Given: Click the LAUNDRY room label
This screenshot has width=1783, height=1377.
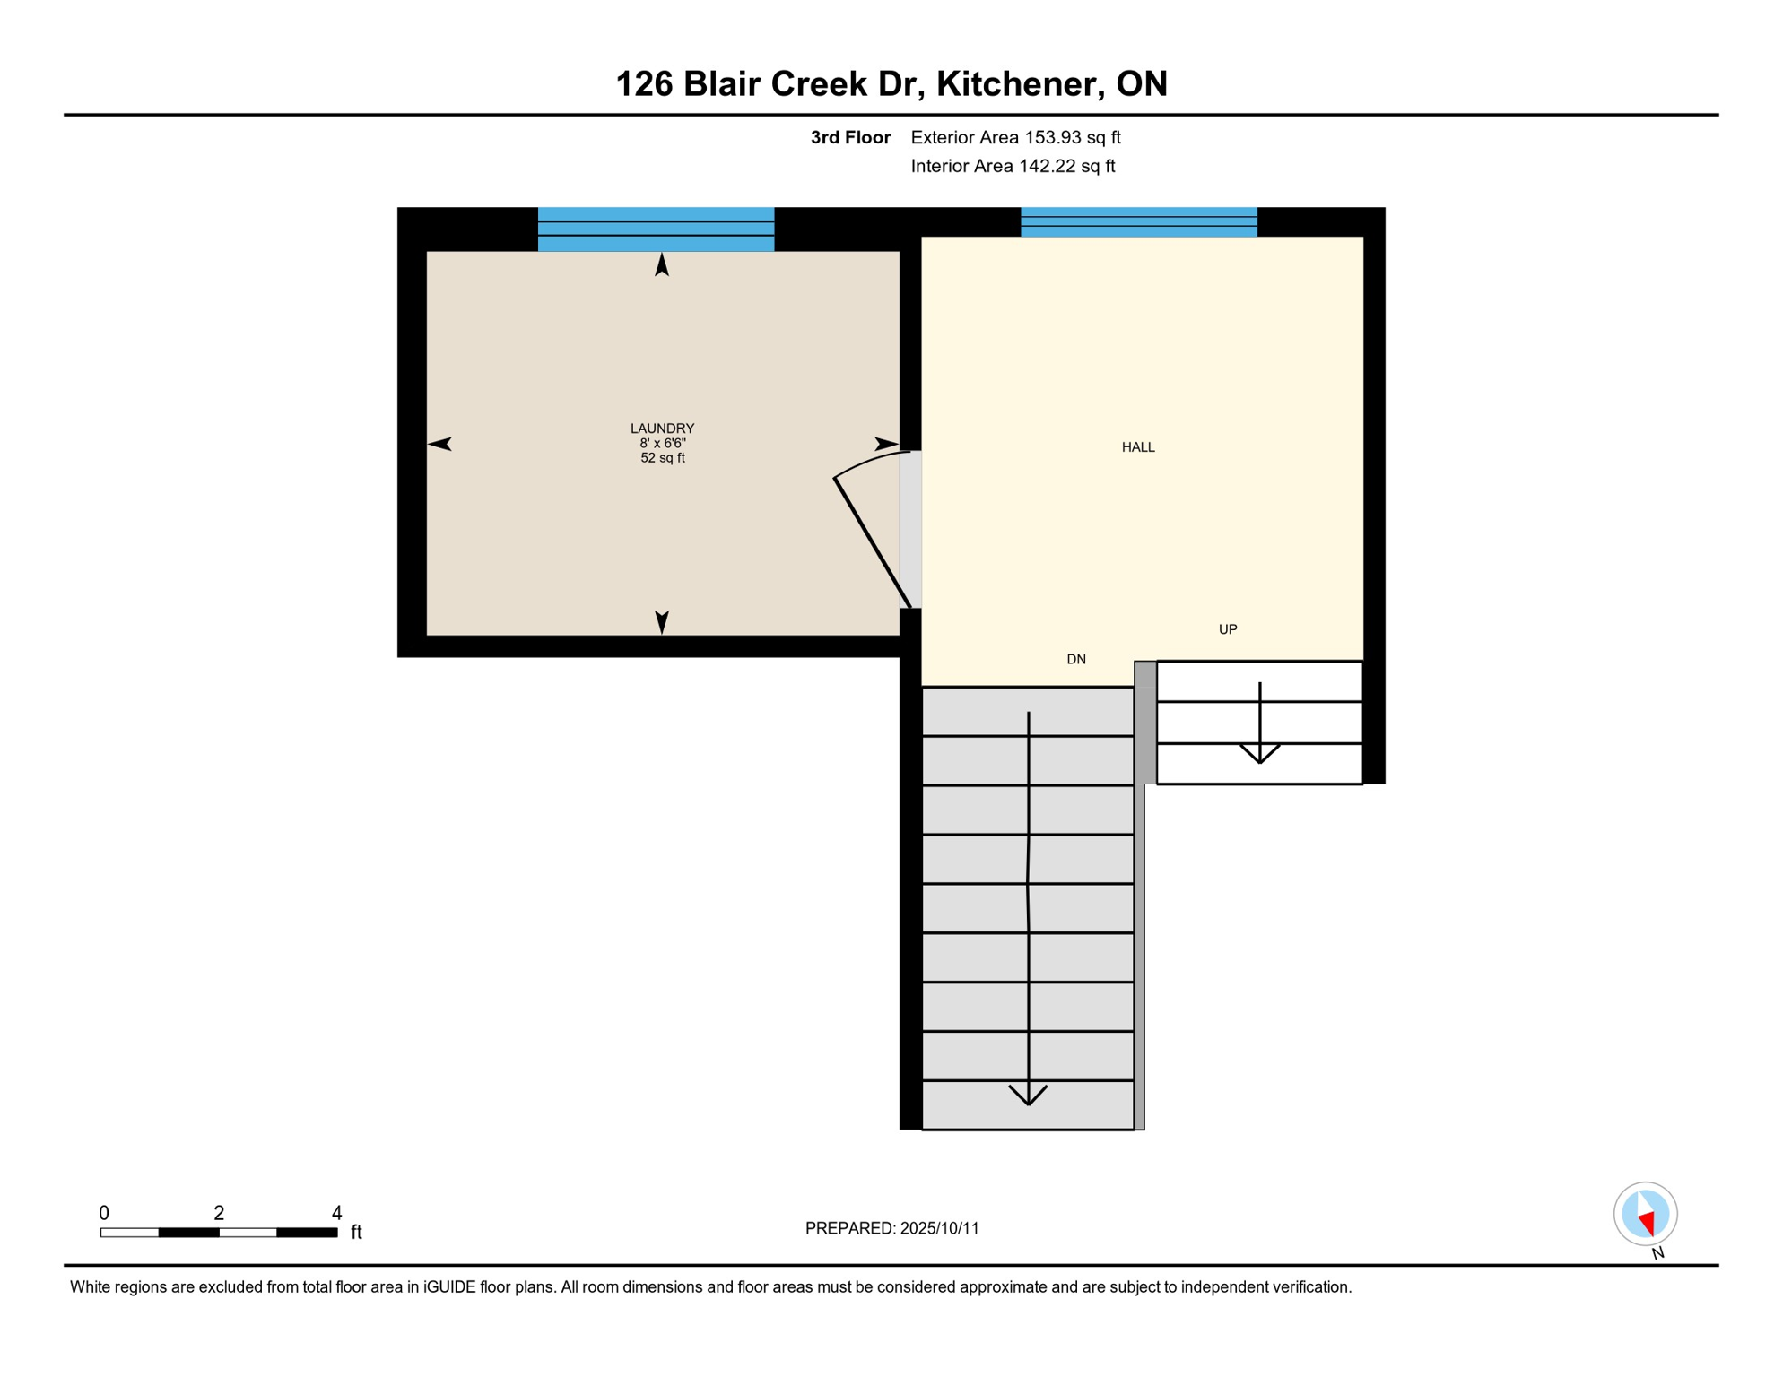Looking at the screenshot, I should coord(662,429).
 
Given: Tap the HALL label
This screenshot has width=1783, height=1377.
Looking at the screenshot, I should coord(1138,447).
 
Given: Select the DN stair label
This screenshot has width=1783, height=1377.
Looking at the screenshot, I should coord(1076,660).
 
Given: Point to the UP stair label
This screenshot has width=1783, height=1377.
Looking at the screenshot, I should coord(1228,629).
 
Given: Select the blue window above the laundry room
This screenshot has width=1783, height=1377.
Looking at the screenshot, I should coord(656,229).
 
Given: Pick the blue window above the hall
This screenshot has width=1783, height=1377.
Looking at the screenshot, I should coord(1138,222).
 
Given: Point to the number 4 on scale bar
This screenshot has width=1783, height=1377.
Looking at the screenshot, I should coord(336,1213).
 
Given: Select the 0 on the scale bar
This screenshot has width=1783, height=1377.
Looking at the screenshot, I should coord(104,1213).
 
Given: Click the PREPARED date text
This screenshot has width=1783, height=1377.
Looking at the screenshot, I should coord(891,1228).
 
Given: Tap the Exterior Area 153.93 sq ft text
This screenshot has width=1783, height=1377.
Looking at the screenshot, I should coord(1015,137).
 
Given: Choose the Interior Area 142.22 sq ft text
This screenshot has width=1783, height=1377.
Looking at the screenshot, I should coord(1013,166).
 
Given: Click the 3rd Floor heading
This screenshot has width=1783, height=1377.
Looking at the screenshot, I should coord(850,137).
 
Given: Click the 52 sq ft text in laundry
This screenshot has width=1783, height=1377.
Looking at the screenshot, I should coord(662,458).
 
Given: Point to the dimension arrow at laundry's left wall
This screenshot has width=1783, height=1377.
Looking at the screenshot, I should coord(439,444).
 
